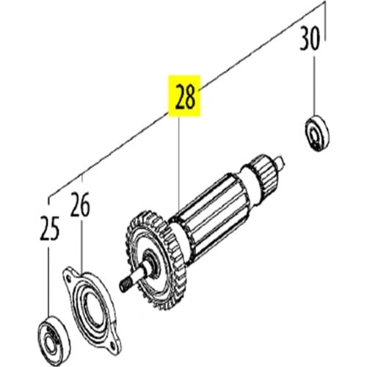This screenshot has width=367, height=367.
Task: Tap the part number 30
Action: (310, 37)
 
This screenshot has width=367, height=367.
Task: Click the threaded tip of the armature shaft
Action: (126, 280)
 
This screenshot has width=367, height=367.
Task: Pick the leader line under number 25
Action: (49, 279)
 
